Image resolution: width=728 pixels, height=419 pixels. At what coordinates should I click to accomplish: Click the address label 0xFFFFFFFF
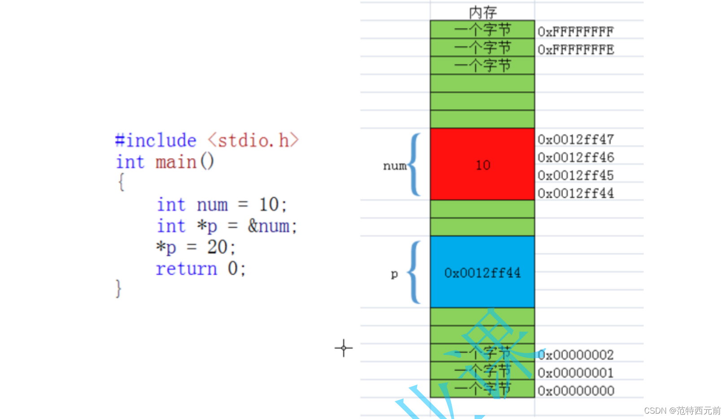(575, 32)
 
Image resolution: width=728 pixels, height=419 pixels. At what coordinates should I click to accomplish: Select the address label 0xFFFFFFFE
(575, 50)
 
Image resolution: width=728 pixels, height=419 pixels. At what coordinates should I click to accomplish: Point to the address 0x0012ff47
(575, 140)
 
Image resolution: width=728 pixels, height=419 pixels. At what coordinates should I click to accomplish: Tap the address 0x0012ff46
(575, 158)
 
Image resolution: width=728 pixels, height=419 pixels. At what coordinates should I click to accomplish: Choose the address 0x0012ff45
(575, 176)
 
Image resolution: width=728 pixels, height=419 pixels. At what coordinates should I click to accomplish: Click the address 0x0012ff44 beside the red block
(575, 194)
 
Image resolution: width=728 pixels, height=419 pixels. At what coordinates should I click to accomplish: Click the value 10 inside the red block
(483, 165)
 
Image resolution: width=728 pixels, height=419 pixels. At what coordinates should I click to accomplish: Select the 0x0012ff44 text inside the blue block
(482, 273)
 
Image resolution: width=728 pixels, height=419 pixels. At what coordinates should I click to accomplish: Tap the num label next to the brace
(394, 166)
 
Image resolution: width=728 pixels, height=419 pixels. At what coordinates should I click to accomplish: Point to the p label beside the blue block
(394, 273)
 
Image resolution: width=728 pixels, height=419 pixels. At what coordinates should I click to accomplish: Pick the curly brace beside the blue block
(414, 272)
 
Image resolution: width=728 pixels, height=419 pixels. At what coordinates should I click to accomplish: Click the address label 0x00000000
(575, 391)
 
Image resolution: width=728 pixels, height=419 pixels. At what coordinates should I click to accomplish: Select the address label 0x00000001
(575, 373)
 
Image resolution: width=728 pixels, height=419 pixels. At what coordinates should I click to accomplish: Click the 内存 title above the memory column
(483, 12)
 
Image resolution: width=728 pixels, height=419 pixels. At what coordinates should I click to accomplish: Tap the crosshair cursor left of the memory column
(344, 348)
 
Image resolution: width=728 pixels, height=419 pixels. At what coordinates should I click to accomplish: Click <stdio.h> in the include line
(253, 141)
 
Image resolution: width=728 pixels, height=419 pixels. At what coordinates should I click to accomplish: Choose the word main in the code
(176, 162)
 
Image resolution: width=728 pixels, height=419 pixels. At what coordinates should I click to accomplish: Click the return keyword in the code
(186, 269)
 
